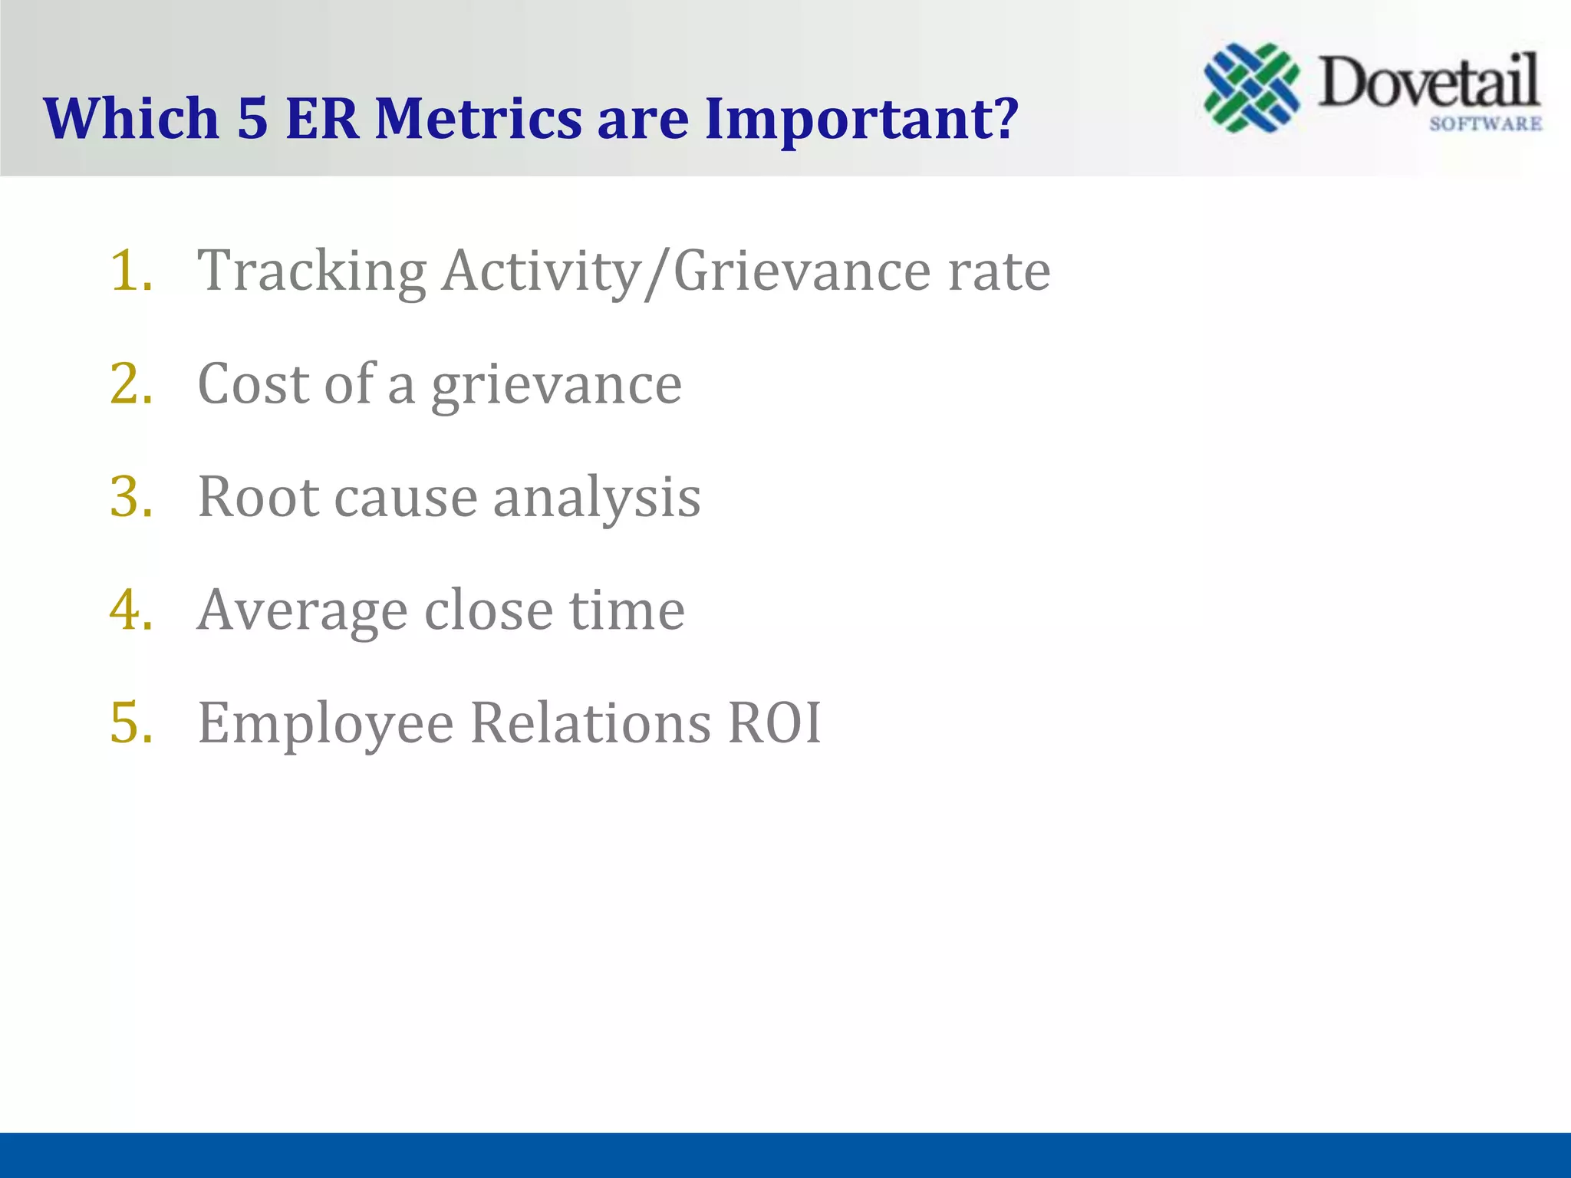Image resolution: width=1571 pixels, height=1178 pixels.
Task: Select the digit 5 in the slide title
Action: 252,119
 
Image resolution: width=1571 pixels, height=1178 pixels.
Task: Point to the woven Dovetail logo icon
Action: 1252,87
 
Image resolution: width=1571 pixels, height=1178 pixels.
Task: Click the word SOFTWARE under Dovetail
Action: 1485,124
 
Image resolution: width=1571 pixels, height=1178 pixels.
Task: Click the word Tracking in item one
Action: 311,272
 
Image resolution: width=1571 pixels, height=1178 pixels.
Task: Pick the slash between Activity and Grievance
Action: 656,272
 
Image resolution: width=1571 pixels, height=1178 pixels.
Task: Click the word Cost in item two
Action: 252,383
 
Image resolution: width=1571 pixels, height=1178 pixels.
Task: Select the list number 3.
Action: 131,496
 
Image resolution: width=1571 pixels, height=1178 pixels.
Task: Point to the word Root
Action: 258,497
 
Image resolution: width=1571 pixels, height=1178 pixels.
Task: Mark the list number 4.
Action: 131,610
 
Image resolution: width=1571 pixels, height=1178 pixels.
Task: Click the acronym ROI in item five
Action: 774,722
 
